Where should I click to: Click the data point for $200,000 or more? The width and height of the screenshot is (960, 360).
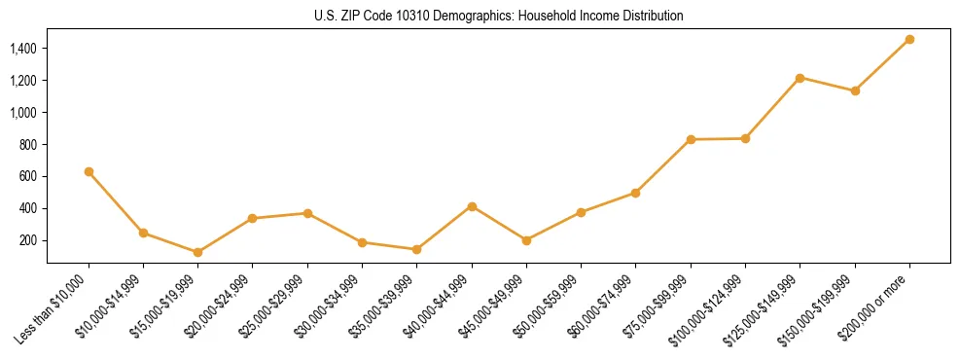(x=909, y=39)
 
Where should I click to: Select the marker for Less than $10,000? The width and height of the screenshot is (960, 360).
(x=89, y=171)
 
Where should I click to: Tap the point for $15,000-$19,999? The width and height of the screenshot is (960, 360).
(x=198, y=252)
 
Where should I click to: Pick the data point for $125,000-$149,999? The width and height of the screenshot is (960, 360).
(x=800, y=78)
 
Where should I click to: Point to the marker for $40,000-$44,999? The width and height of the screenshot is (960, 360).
(x=472, y=206)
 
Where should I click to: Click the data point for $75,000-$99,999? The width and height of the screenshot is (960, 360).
(x=691, y=139)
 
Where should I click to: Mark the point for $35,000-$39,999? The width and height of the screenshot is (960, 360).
(x=417, y=249)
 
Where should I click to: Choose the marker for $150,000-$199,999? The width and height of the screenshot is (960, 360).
(x=855, y=90)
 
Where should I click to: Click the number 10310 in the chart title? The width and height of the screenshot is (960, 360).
(x=408, y=16)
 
